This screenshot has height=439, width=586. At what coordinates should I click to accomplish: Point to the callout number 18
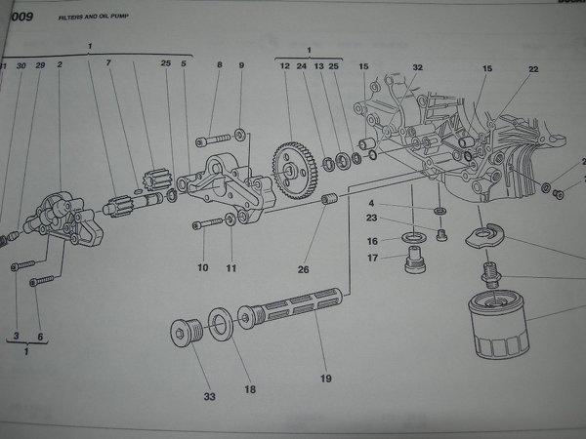click(250, 389)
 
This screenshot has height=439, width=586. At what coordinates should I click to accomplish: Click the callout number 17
click(372, 259)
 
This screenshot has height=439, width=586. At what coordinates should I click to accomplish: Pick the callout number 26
click(303, 270)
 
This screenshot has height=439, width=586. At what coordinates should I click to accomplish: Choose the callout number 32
click(417, 67)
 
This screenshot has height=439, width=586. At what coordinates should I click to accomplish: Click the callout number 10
click(202, 267)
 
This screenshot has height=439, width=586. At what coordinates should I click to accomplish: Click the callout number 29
click(40, 65)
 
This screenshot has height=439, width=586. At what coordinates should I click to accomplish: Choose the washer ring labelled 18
click(221, 324)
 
